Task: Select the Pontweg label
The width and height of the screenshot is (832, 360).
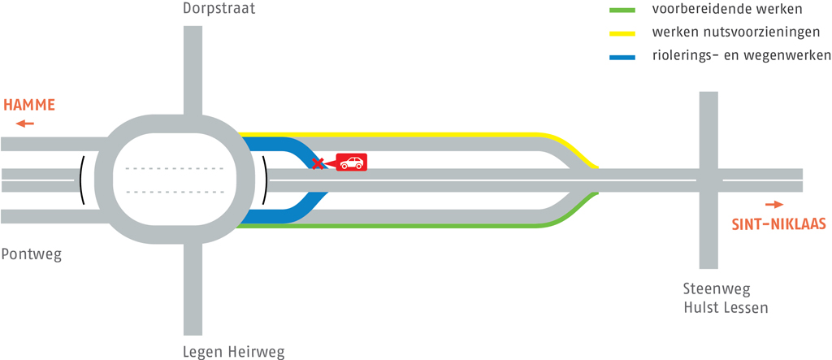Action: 31,254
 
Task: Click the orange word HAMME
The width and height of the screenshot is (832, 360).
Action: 29,105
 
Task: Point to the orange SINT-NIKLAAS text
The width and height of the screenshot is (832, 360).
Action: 779,223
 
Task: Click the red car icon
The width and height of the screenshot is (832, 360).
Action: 352,163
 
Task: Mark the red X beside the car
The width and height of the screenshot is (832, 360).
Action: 319,163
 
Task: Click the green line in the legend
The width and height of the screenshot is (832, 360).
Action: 622,11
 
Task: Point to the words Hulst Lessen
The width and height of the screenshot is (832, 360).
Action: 725,308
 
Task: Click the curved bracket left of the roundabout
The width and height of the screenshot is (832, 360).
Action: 82,180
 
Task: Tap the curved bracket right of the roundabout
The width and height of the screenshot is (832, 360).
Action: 265,180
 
